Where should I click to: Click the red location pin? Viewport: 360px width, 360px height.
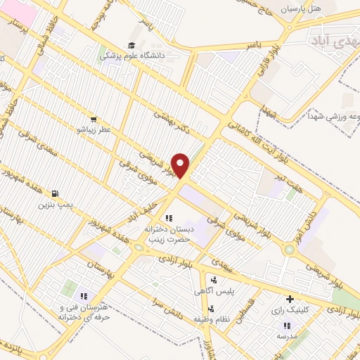coord(181,165)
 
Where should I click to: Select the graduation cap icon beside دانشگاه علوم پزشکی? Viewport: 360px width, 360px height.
coord(132,45)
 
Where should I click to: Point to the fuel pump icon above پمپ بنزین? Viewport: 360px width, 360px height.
coord(56,194)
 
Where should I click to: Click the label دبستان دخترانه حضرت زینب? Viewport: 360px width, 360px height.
coord(169,234)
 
